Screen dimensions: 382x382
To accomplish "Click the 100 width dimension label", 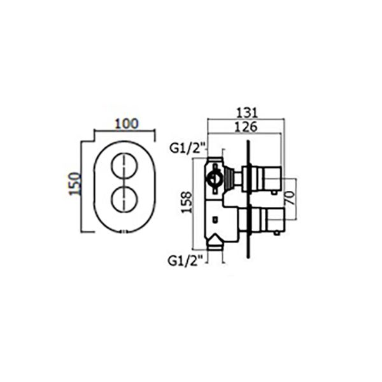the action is (127, 124).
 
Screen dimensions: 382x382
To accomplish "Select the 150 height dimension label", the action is (74, 184).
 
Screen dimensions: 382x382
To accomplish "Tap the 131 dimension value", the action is (247, 113).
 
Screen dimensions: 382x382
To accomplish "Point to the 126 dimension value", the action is (246, 127).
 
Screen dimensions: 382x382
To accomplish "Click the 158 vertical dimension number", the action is (187, 202).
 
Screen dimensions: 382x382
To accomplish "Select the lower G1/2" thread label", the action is (186, 261).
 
